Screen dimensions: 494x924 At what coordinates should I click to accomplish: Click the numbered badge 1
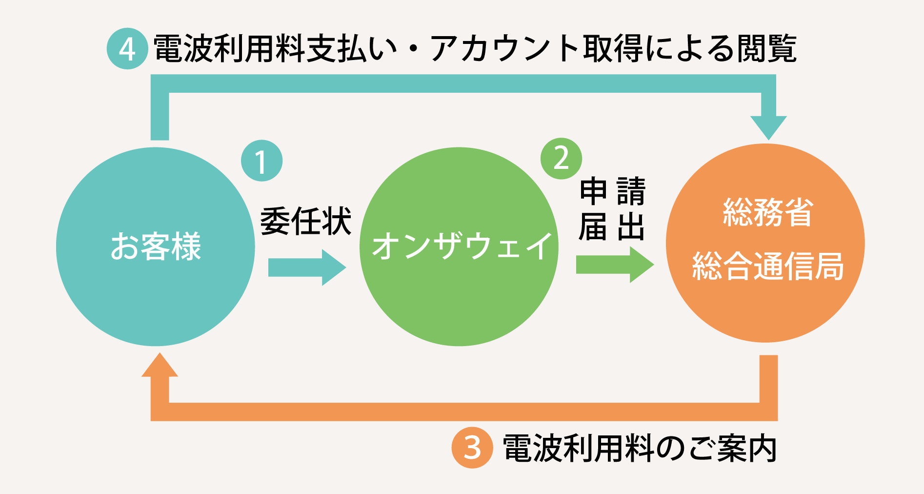(262, 161)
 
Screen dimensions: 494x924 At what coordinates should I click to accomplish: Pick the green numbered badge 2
(561, 159)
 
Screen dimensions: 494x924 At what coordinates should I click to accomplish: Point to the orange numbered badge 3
(472, 448)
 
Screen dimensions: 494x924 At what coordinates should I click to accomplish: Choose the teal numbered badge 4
(127, 49)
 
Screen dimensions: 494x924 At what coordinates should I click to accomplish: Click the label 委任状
(306, 222)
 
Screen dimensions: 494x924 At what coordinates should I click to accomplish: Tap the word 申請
(613, 191)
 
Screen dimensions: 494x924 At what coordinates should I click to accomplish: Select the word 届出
(612, 227)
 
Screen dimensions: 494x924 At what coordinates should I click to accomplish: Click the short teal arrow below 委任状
(307, 268)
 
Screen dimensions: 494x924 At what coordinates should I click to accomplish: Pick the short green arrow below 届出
(614, 265)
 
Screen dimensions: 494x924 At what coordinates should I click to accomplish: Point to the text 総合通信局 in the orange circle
(768, 267)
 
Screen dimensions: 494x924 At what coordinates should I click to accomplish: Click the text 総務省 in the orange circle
(768, 213)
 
